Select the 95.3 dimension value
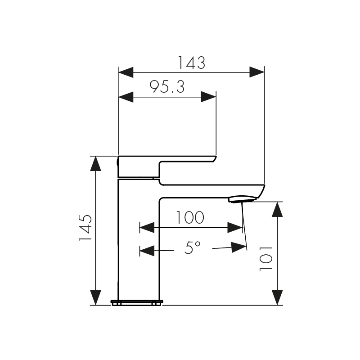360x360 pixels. coord(167,87)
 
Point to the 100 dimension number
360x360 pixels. coord(189,218)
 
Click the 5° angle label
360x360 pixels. coord(192,247)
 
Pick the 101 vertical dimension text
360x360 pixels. coord(267,258)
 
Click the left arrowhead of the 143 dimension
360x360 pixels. coord(126,72)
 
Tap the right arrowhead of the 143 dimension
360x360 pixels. coord(256,72)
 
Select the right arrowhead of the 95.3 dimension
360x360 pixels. coord(208,97)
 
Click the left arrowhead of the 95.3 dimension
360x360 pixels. coord(126,97)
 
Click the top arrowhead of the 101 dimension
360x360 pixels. coord(277,210)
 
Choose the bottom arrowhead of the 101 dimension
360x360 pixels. coord(277,297)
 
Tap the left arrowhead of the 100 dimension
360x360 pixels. coord(147,227)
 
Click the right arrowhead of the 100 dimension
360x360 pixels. coord(235,227)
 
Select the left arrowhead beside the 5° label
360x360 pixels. coord(147,250)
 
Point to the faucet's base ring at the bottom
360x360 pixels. coord(136,302)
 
